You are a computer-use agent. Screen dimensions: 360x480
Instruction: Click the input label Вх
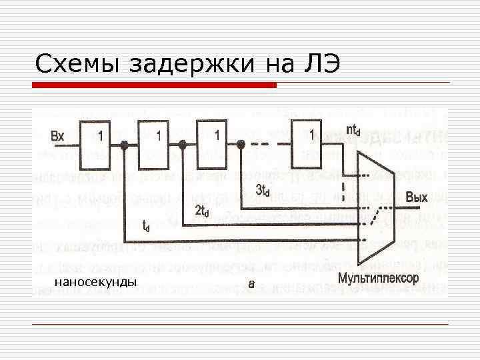pyautogui.click(x=58, y=136)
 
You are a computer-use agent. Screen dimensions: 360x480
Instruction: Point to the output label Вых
pyautogui.click(x=417, y=198)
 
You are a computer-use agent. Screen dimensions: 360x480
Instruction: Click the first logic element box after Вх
pyautogui.click(x=100, y=144)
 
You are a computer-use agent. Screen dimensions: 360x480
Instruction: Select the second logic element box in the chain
pyautogui.click(x=158, y=144)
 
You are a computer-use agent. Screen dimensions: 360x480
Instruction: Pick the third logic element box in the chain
pyautogui.click(x=217, y=144)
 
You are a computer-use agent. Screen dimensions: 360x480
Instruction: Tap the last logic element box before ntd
pyautogui.click(x=312, y=144)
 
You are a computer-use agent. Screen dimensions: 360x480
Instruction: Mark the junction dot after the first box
pyautogui.click(x=124, y=144)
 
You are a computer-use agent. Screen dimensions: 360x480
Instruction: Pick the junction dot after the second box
pyautogui.click(x=182, y=144)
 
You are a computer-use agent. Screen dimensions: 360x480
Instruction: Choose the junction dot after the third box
pyautogui.click(x=241, y=144)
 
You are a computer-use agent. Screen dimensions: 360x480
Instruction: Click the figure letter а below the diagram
pyautogui.click(x=251, y=283)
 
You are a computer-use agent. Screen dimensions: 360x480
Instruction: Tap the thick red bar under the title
pyautogui.click(x=155, y=85)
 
